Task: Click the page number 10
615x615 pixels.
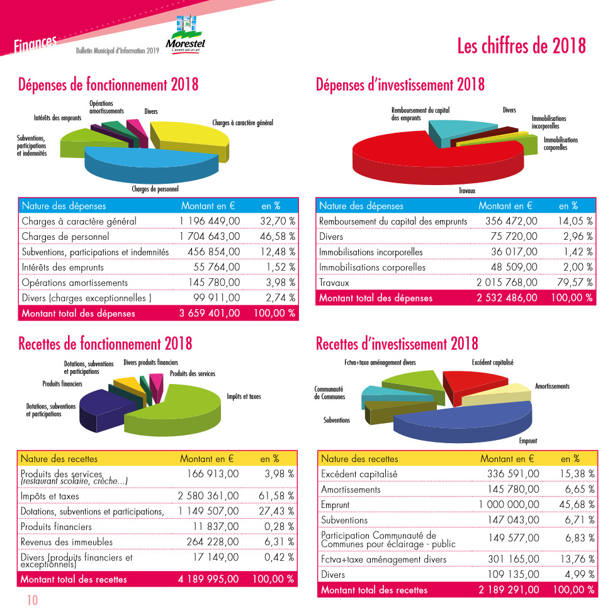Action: [31, 600]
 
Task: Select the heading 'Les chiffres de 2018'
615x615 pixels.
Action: [521, 46]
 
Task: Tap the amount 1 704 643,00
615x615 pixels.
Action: [210, 237]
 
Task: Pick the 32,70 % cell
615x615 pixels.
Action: [277, 222]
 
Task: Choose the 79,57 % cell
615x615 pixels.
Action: [575, 283]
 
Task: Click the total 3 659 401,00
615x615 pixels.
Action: [210, 313]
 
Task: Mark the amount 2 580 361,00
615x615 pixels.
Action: [208, 496]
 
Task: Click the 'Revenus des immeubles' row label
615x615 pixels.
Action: [67, 542]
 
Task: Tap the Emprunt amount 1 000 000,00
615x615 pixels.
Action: [509, 505]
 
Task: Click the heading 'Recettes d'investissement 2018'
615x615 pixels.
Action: [397, 344]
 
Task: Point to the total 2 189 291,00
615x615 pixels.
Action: [509, 590]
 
